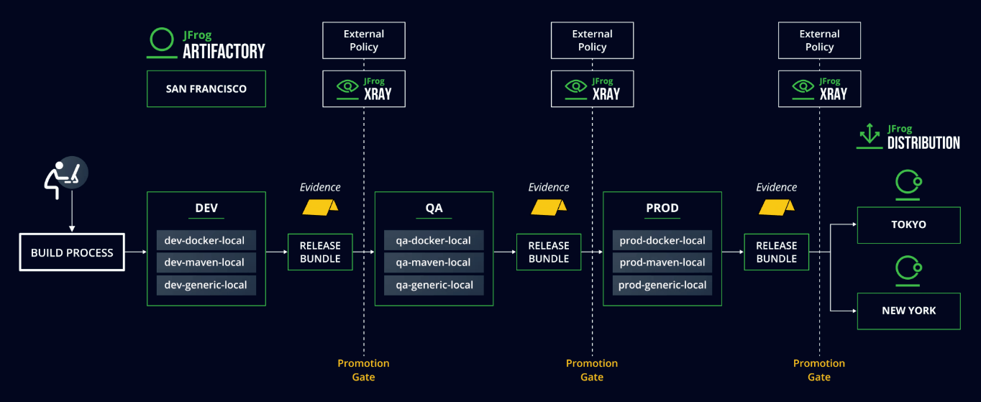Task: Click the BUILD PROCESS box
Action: (x=72, y=252)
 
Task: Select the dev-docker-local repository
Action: (x=206, y=240)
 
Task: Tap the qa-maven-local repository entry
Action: (x=434, y=262)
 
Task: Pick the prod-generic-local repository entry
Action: (x=662, y=285)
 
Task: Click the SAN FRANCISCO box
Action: (x=206, y=89)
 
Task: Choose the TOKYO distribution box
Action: (x=909, y=224)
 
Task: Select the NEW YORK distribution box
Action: (x=909, y=311)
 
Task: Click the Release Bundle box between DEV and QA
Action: (x=320, y=252)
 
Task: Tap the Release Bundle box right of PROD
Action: (x=777, y=252)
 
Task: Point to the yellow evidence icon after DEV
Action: (x=320, y=207)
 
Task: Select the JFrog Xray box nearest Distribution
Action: (x=819, y=89)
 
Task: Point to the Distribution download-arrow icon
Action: (x=870, y=136)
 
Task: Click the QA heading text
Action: (x=434, y=208)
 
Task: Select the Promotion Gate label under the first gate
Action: (x=363, y=370)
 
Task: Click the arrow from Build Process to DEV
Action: (x=136, y=252)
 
